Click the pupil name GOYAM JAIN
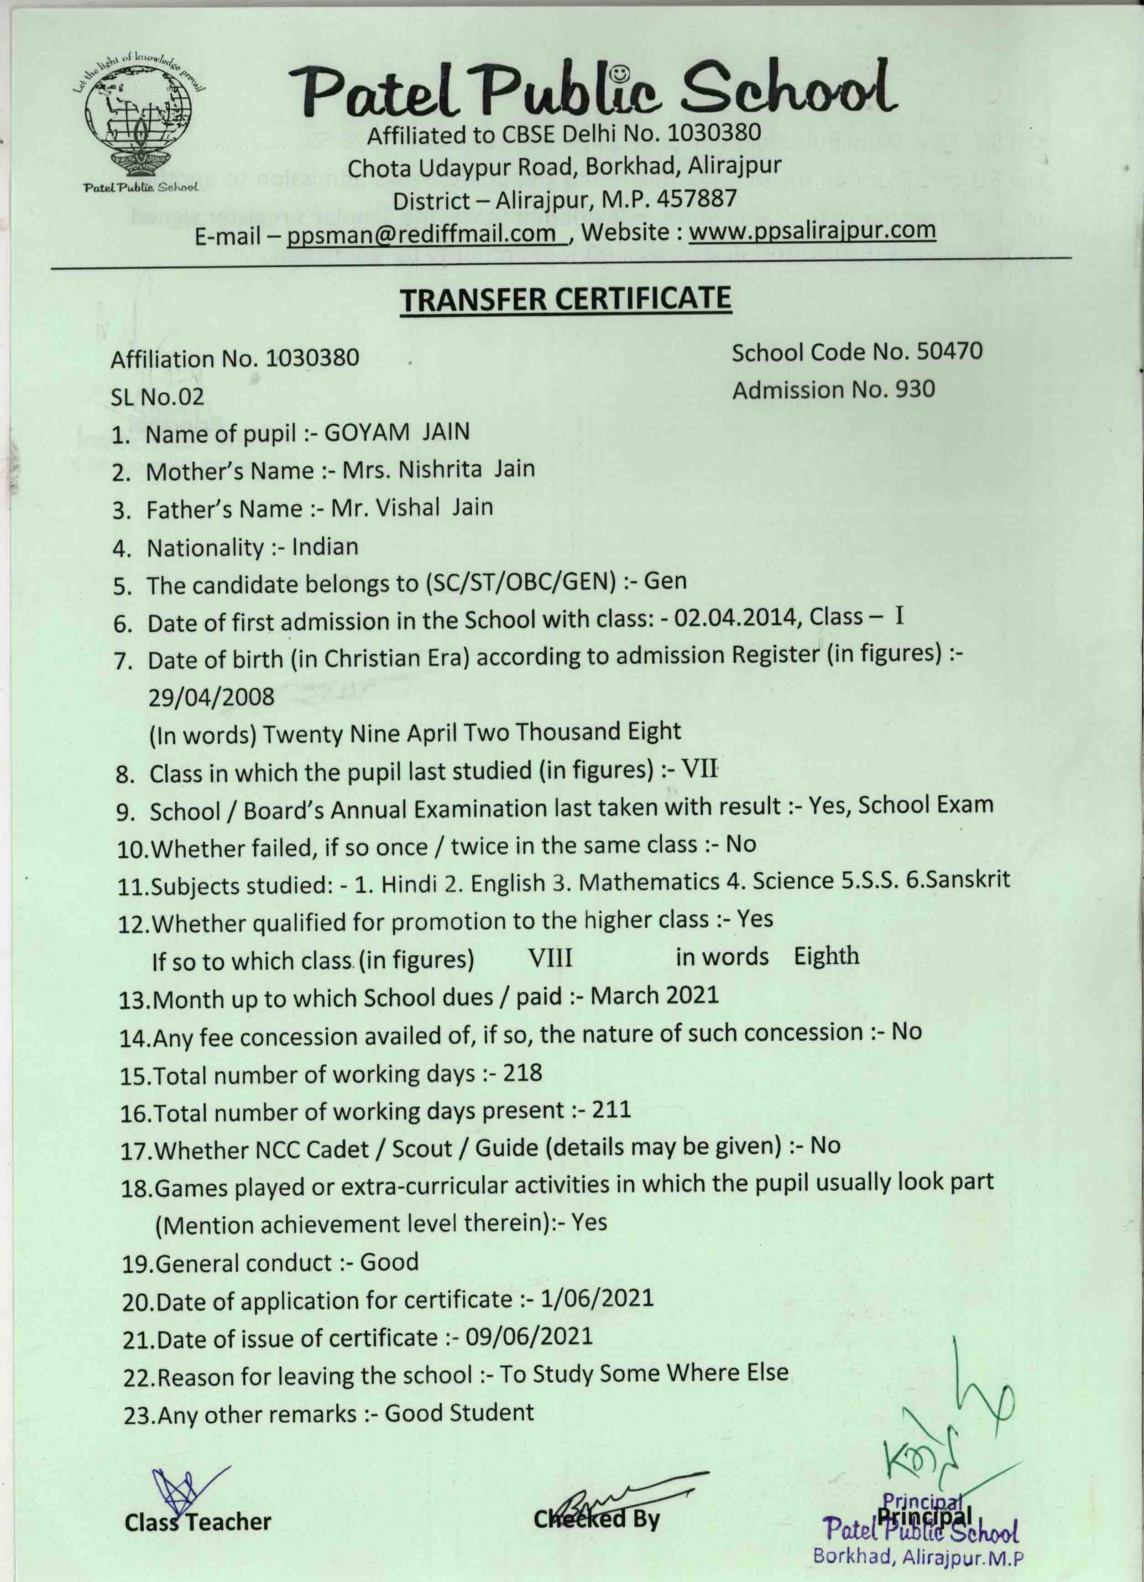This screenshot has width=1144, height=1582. pos(397,432)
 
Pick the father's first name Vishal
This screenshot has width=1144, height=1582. pos(408,508)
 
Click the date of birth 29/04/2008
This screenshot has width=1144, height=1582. pos(211,697)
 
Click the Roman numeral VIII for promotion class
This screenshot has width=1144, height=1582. pos(550,958)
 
